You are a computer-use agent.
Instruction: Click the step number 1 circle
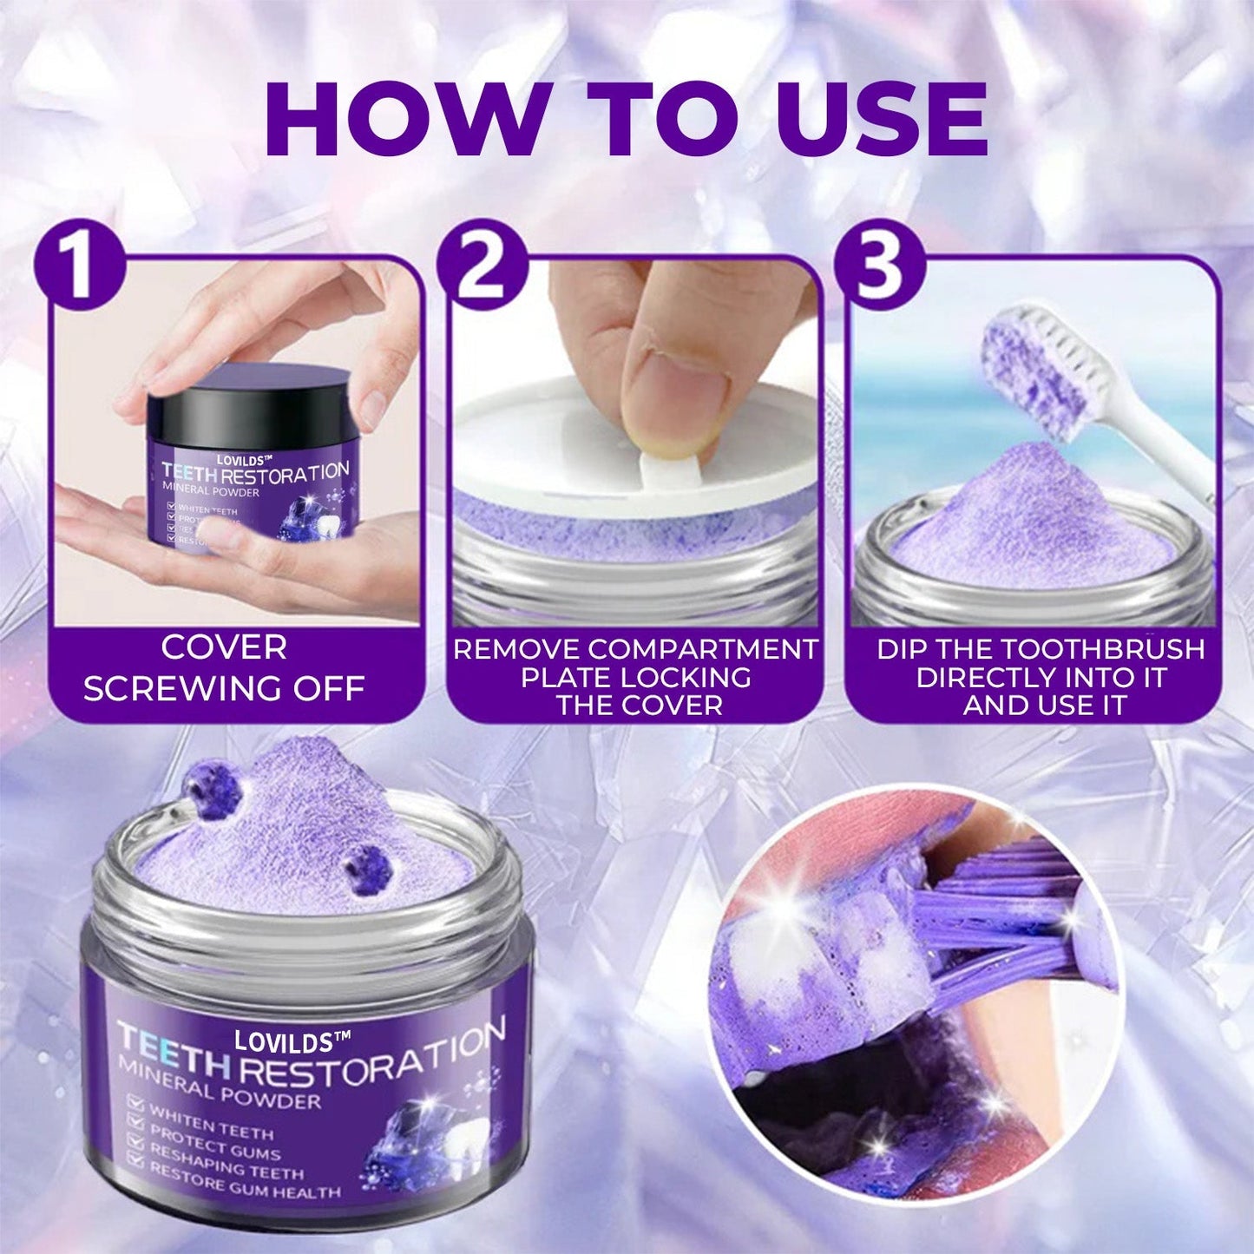coord(80,265)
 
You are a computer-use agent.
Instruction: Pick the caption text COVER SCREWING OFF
coord(224,668)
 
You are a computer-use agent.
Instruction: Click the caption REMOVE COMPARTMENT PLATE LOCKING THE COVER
coord(635,676)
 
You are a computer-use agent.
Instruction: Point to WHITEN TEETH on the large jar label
coord(213,1120)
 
